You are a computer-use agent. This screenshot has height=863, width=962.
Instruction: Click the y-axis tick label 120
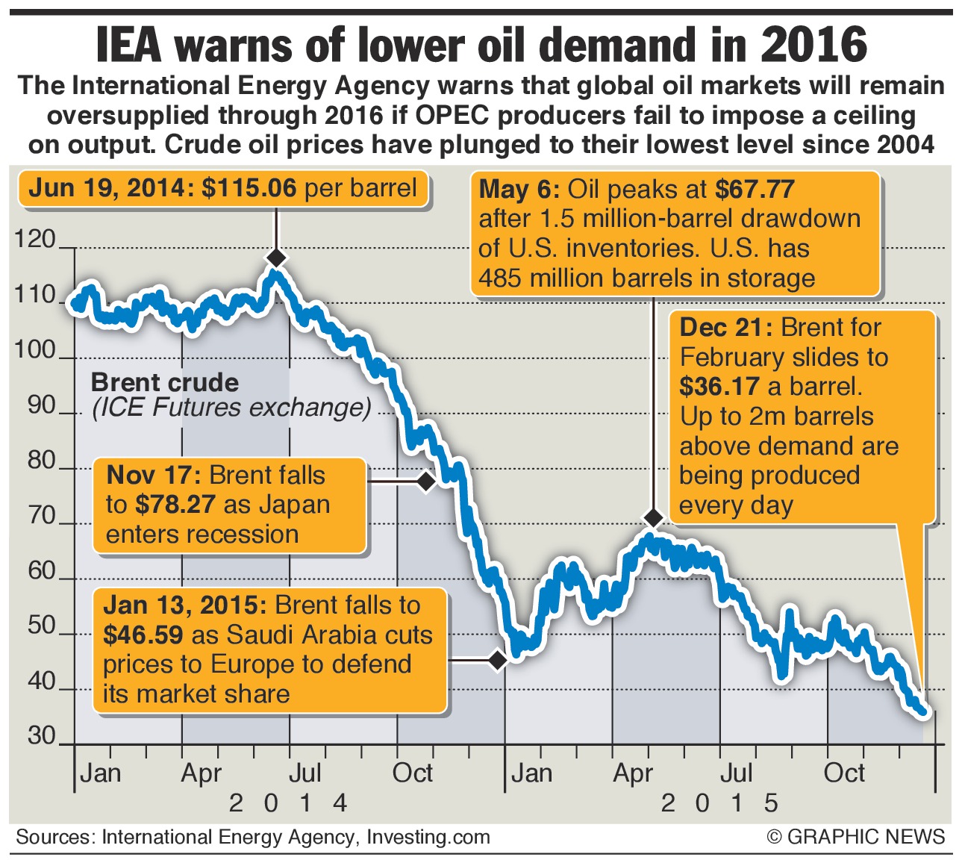pos(35,240)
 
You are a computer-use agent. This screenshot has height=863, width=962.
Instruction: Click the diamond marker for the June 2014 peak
pos(276,258)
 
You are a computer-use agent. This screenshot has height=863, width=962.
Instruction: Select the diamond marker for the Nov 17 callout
pos(426,482)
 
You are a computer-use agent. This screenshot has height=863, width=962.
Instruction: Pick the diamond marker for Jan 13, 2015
pos(498,660)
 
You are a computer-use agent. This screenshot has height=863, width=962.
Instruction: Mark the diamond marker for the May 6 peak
pos(654,517)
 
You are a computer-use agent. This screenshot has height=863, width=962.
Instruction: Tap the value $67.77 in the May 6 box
pos(754,190)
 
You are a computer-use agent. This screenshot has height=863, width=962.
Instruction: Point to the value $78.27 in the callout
pos(176,505)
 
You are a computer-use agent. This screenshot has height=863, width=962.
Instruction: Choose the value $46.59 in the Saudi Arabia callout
pos(143,635)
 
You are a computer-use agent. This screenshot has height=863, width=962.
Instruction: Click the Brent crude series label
pos(165,383)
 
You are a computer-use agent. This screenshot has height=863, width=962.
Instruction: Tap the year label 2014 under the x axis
pos(287,803)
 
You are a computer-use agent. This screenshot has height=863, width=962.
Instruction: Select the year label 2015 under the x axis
pos(719,803)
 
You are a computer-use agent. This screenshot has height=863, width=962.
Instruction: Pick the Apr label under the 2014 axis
pos(201,773)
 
